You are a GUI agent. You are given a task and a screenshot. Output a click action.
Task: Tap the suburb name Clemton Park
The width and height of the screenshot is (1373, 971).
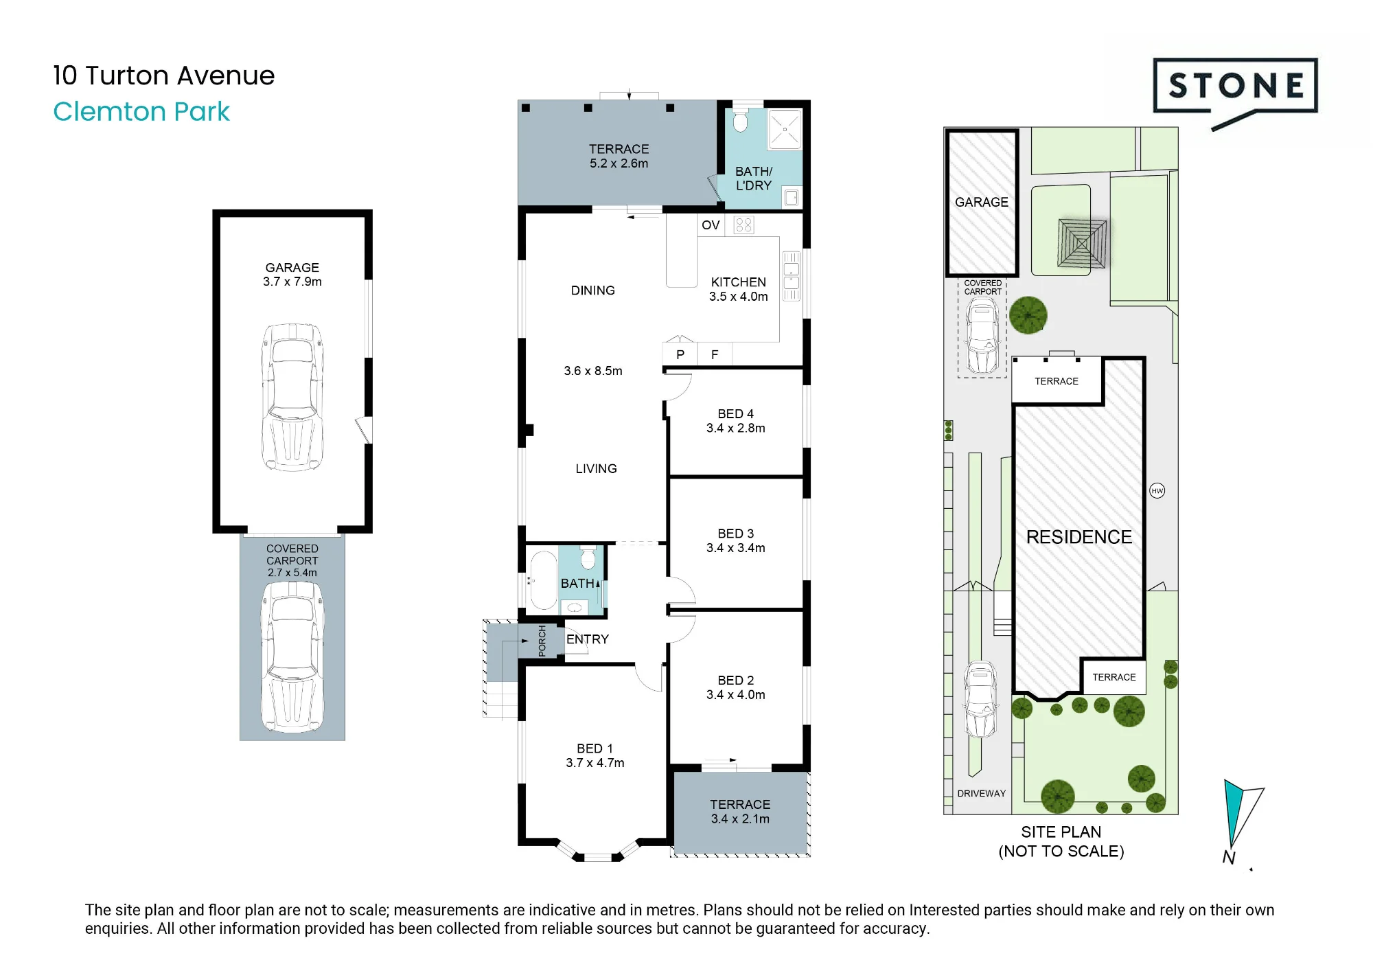click(141, 112)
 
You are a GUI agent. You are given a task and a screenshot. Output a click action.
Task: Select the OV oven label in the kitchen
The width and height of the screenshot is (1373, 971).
click(711, 225)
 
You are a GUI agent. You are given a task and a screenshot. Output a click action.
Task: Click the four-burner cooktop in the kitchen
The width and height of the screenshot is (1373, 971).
click(743, 225)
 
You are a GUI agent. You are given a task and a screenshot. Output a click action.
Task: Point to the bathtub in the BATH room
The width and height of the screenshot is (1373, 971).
click(544, 580)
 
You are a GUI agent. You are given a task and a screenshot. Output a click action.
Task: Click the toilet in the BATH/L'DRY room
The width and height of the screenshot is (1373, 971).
click(740, 119)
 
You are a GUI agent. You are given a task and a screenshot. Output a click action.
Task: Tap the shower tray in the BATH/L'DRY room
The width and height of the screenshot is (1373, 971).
click(785, 128)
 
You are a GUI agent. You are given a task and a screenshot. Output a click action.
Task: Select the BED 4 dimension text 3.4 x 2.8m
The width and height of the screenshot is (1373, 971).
click(736, 429)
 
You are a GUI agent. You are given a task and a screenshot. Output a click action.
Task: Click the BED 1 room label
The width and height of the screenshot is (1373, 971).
click(595, 749)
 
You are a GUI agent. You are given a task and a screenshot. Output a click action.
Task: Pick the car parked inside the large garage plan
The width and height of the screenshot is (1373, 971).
click(292, 397)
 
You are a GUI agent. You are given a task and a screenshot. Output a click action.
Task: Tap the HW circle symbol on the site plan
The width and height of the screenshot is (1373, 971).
click(1157, 490)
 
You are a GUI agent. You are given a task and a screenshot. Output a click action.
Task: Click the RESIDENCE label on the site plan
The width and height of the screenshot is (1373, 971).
click(1079, 537)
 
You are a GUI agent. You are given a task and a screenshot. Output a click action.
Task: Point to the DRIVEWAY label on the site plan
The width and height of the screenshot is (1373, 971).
click(982, 793)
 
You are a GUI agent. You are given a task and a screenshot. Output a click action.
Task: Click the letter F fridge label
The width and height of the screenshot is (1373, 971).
click(715, 355)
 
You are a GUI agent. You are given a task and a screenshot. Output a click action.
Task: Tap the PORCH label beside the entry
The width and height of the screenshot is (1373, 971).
click(542, 641)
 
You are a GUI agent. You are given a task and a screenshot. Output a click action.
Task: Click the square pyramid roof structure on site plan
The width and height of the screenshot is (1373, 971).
click(1082, 243)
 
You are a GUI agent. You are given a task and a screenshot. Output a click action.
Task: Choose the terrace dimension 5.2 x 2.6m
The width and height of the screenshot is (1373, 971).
click(619, 163)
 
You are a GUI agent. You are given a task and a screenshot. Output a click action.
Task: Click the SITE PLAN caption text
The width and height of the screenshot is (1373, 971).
click(1061, 832)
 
